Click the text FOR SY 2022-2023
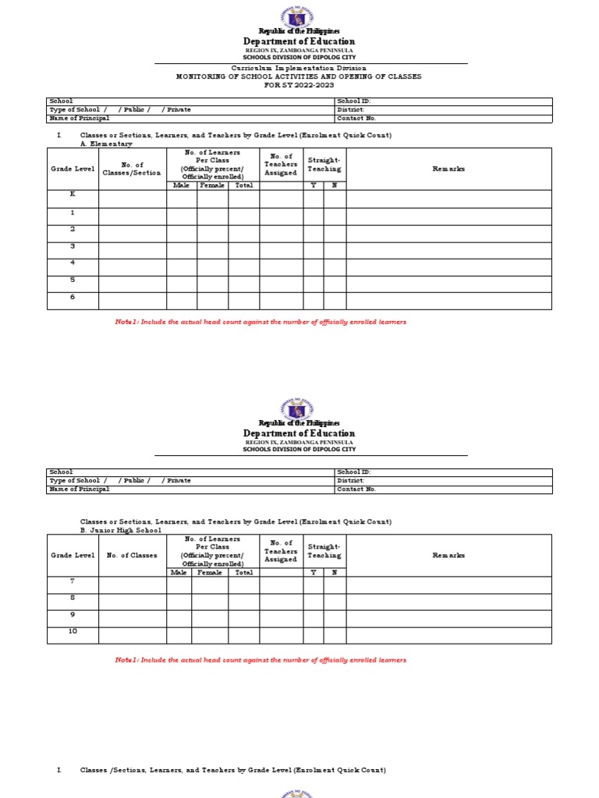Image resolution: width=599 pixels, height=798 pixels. coord(299,84)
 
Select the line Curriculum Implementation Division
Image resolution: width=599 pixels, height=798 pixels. coord(299,69)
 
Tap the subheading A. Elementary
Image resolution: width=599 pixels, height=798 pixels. coord(106,144)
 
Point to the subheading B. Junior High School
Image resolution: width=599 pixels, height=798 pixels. coord(121,530)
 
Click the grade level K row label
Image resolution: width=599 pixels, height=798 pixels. coord(73,195)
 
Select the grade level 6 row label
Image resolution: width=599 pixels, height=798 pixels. coord(73,297)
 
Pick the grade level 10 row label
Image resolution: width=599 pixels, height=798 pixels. coord(73,631)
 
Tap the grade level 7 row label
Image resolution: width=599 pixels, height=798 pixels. coord(73,581)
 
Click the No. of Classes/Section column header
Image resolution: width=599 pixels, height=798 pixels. coord(132,168)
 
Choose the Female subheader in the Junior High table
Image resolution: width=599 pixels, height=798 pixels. coord(210,572)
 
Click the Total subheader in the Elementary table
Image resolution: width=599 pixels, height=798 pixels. coord(243,185)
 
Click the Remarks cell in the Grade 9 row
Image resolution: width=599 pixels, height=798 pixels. coord(448,618)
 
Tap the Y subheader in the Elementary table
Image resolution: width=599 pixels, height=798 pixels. coord(313,185)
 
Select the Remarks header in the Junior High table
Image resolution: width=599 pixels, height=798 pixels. coord(448,555)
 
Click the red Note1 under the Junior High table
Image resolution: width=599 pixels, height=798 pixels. coord(261,660)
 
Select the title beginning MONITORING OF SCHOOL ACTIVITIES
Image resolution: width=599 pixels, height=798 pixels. coord(299,76)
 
